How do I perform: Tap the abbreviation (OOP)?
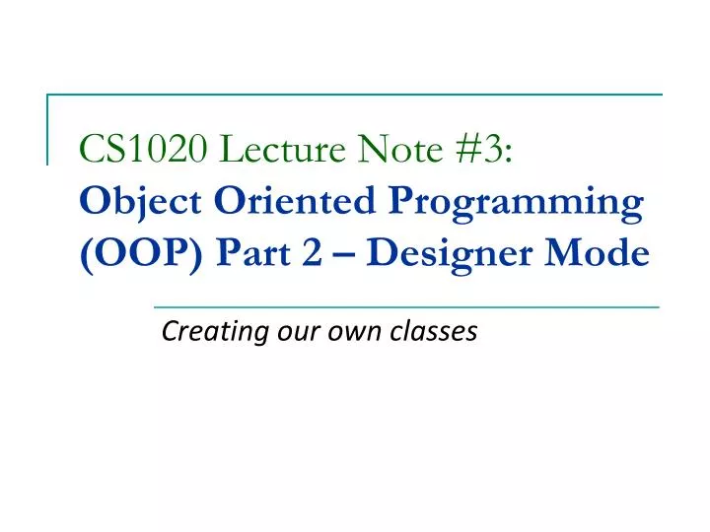(x=136, y=253)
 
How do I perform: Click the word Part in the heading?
(x=256, y=253)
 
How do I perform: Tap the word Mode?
(x=607, y=253)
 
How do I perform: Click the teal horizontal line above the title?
(x=355, y=95)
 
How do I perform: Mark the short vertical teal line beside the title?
(x=47, y=128)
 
